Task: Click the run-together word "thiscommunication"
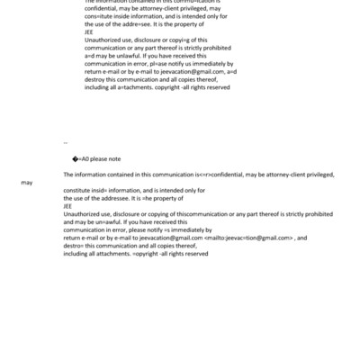[191, 214]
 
